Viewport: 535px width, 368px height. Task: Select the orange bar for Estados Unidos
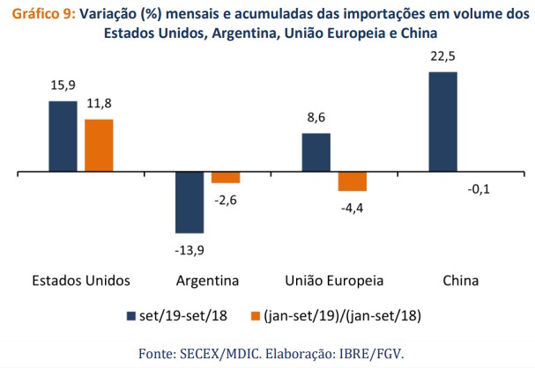click(x=99, y=145)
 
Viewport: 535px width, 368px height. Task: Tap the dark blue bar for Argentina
click(x=189, y=202)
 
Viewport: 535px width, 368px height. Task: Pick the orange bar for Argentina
click(x=226, y=177)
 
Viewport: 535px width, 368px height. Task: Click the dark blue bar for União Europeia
click(x=316, y=152)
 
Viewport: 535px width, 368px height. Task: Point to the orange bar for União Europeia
click(x=352, y=181)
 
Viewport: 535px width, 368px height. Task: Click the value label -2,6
click(x=227, y=201)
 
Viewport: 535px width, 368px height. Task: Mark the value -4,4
click(x=352, y=210)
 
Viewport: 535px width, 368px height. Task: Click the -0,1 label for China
click(x=479, y=189)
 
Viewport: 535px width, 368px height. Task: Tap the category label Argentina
click(x=208, y=282)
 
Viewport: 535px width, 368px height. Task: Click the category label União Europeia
click(x=335, y=282)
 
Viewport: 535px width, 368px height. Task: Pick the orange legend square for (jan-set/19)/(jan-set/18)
click(x=257, y=315)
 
